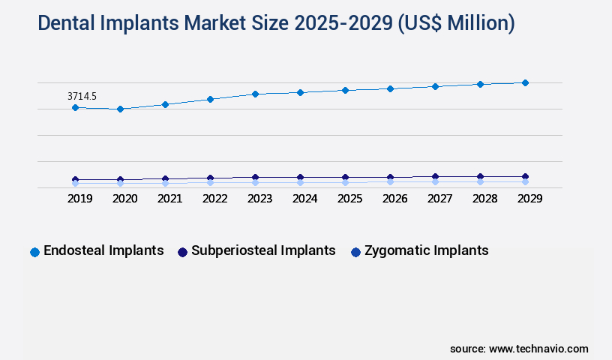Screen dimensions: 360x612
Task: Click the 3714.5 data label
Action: coord(82,96)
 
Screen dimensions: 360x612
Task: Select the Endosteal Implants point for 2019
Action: coord(75,108)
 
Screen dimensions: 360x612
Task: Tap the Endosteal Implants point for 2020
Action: coord(120,109)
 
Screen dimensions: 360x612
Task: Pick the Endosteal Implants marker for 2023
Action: coord(255,94)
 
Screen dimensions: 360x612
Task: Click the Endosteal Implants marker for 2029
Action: coord(525,82)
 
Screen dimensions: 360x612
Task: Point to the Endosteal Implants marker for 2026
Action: coord(390,88)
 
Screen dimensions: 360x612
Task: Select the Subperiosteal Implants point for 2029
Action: coord(525,177)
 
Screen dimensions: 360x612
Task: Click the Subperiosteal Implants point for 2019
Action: coord(75,180)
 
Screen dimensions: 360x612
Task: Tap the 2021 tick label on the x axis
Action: coord(169,199)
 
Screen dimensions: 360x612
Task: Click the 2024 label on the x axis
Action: coord(304,199)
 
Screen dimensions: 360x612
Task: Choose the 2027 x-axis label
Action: coord(439,199)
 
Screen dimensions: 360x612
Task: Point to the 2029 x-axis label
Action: coord(529,199)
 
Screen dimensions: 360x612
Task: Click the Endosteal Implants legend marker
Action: coord(34,252)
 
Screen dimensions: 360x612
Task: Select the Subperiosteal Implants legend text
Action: coord(263,250)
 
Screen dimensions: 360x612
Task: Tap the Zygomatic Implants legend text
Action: coord(426,250)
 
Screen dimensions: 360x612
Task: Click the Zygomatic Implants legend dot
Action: coord(355,252)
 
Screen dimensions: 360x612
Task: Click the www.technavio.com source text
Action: coord(538,349)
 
